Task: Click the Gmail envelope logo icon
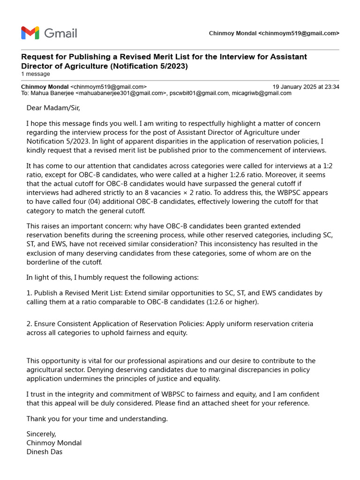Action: coord(30,33)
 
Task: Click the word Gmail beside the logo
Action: coord(60,33)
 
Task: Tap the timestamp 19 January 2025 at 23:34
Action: coord(306,87)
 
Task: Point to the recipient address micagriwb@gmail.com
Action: coord(262,93)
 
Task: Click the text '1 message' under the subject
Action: coord(36,74)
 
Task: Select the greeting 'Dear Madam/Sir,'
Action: coord(53,108)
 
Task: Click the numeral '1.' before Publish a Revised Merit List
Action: coord(29,293)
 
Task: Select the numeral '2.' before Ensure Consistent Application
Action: coord(29,324)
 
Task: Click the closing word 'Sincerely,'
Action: coord(41,434)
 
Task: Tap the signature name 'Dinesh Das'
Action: coord(45,452)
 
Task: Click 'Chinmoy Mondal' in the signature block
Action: coord(54,443)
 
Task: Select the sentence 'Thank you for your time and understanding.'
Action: coord(97,419)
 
